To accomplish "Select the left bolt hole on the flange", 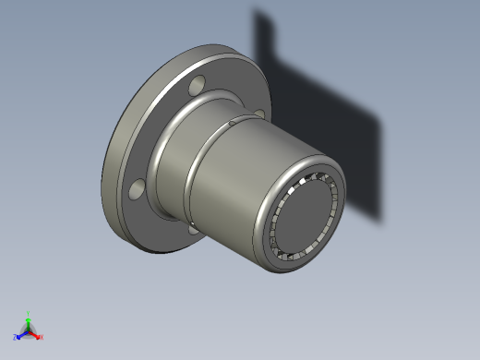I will pos(137,190).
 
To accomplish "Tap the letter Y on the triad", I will pos(29,313).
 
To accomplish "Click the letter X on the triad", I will pos(42,337).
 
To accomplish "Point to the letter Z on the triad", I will pos(15,338).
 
